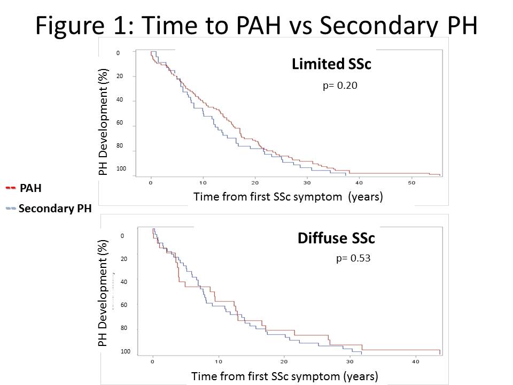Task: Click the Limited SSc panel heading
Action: pyautogui.click(x=331, y=64)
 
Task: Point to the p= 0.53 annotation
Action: pyautogui.click(x=353, y=258)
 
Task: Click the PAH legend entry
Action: pyautogui.click(x=30, y=188)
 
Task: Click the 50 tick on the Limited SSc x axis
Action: pyautogui.click(x=412, y=183)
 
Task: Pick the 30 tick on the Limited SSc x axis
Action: pyautogui.click(x=307, y=183)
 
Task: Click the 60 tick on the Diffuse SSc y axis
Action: pyautogui.click(x=123, y=305)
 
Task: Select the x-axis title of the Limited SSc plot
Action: pyautogui.click(x=288, y=197)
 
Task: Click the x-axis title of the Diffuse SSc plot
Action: pyautogui.click(x=285, y=376)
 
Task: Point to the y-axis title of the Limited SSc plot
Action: pyautogui.click(x=104, y=122)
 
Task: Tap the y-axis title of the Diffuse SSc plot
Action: pyautogui.click(x=103, y=293)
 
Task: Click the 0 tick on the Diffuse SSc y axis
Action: pyautogui.click(x=122, y=236)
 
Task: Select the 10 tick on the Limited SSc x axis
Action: pyautogui.click(x=203, y=183)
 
